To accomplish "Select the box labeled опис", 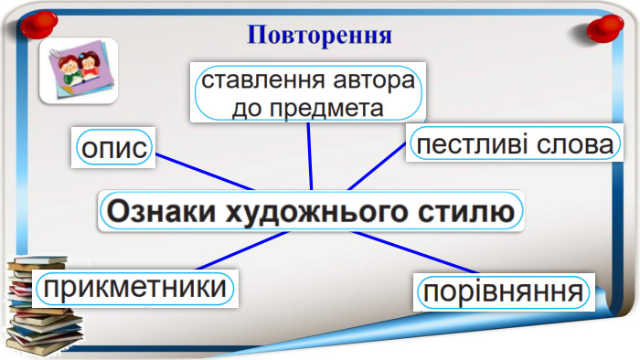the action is coord(114,148).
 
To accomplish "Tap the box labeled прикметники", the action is coord(134,288).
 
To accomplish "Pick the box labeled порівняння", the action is coord(502,292).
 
